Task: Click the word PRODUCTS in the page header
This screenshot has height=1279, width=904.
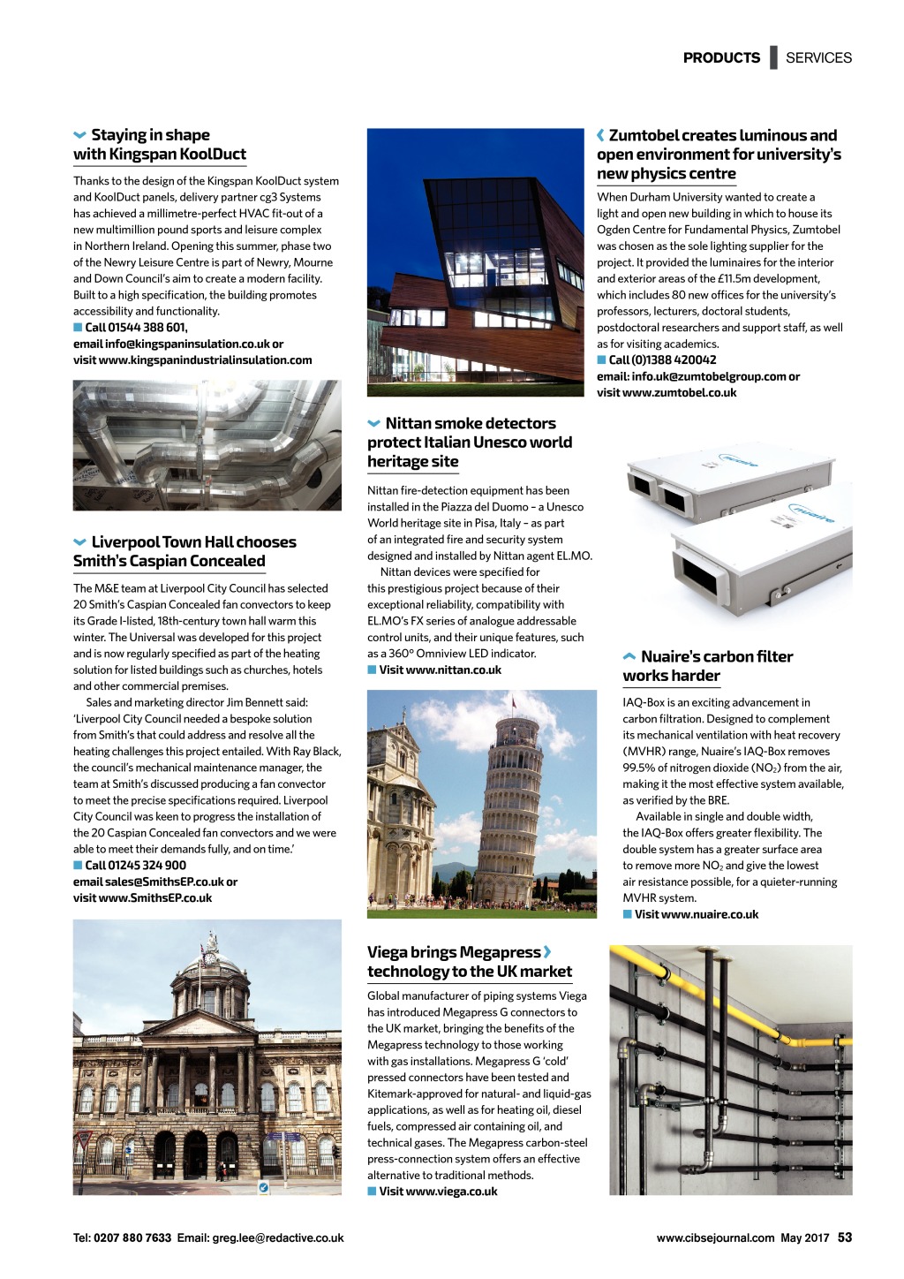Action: pyautogui.click(x=721, y=57)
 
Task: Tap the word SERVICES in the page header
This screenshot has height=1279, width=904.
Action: pyautogui.click(x=818, y=57)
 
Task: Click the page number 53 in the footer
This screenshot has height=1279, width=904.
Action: pyautogui.click(x=845, y=1237)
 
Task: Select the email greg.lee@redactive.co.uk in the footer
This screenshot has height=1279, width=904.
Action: pyautogui.click(x=278, y=1238)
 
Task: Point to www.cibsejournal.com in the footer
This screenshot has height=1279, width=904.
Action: pyautogui.click(x=715, y=1238)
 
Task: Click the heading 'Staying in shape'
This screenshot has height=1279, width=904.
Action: pyautogui.click(x=150, y=135)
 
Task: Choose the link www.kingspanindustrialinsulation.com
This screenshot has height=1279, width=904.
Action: pyautogui.click(x=206, y=360)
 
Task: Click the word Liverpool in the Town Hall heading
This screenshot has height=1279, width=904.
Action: pyautogui.click(x=125, y=542)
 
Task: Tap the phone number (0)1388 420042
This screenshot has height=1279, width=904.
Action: pyautogui.click(x=663, y=360)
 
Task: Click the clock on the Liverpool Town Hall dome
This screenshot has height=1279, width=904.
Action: pyautogui.click(x=210, y=957)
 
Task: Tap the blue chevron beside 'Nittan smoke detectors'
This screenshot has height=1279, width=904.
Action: pyautogui.click(x=374, y=424)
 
